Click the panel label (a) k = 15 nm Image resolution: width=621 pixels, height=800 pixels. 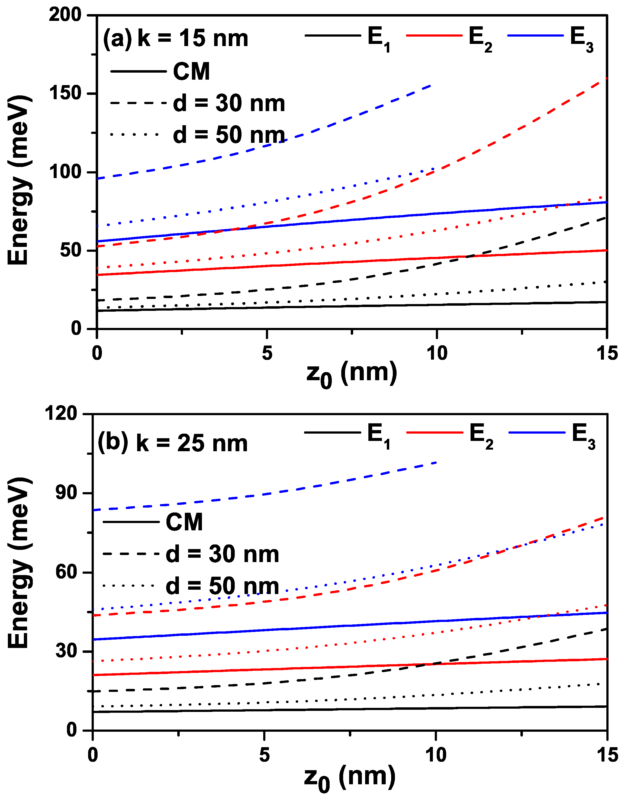175,38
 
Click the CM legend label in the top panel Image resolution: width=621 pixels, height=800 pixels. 191,72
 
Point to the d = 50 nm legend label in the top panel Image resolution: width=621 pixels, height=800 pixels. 229,135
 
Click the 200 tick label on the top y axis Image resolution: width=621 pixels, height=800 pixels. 65,15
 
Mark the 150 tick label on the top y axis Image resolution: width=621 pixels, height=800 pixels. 65,93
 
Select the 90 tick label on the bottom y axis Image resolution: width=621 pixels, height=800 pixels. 66,493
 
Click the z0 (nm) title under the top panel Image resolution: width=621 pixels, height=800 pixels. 351,374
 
